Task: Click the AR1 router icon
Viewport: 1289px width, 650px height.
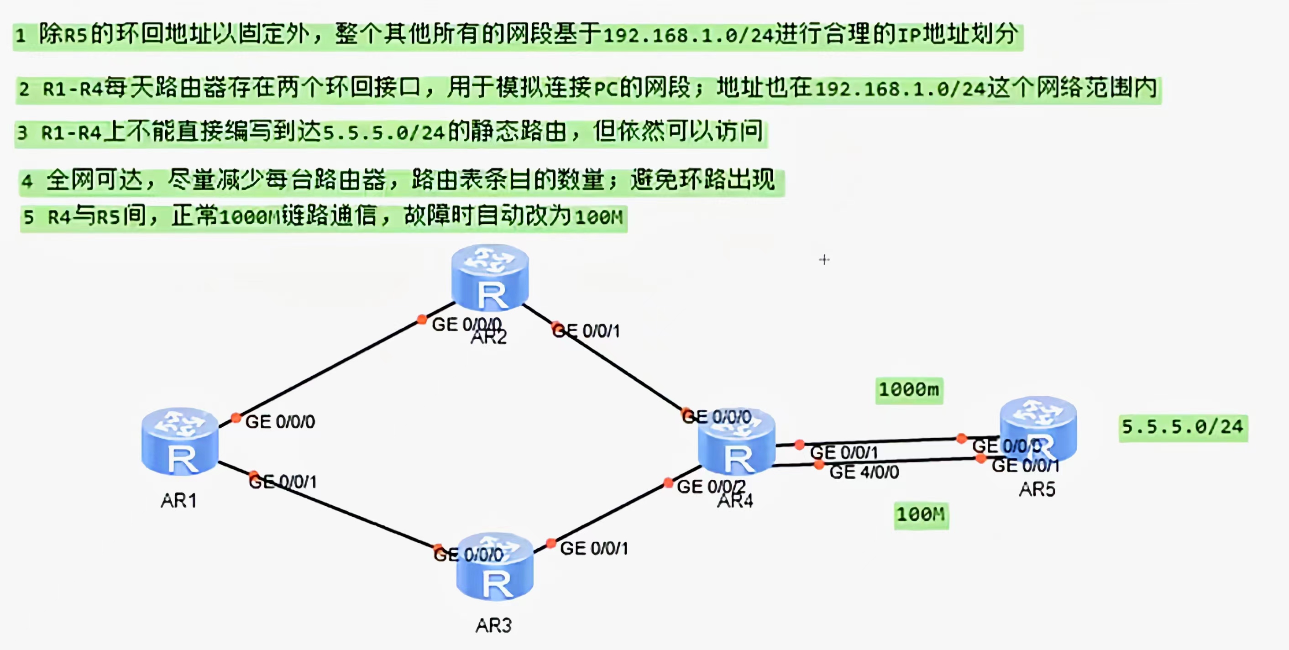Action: click(180, 441)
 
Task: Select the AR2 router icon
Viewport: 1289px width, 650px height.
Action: click(490, 278)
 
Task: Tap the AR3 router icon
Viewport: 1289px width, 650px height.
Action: click(495, 567)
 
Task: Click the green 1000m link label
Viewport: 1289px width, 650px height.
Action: click(909, 390)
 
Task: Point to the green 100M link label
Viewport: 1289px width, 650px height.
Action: click(921, 515)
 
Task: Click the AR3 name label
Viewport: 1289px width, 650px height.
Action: click(493, 625)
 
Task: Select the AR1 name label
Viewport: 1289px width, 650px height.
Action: click(178, 500)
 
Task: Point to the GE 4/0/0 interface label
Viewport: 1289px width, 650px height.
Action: click(864, 472)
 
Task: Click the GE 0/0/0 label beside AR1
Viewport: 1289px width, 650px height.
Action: click(280, 422)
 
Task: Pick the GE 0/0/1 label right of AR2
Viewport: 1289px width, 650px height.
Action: click(587, 331)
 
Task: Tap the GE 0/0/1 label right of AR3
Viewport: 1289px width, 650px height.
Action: click(594, 548)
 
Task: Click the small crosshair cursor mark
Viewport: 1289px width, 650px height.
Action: click(824, 260)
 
